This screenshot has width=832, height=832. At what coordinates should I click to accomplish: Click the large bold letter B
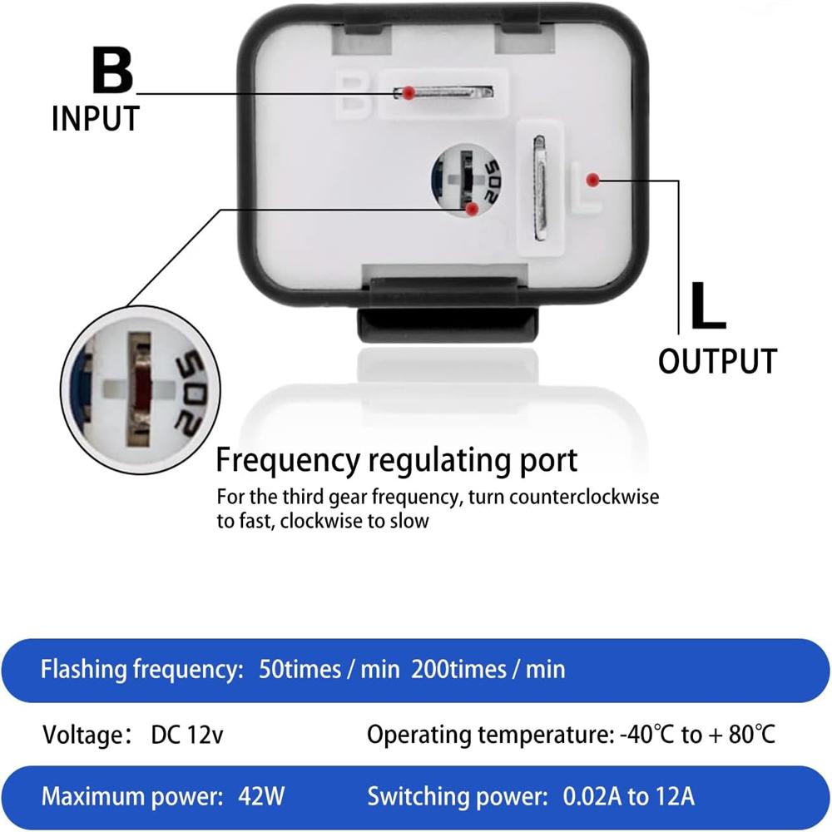point(112,70)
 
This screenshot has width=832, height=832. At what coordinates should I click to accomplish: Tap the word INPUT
point(96,118)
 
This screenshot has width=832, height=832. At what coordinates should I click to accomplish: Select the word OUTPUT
point(717,361)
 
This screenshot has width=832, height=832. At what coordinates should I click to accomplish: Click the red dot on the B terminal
point(408,93)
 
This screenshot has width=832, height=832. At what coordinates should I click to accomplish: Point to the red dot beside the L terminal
point(592,180)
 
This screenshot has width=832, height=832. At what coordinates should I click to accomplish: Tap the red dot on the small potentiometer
point(472,209)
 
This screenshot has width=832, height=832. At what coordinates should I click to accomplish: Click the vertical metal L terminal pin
point(539,188)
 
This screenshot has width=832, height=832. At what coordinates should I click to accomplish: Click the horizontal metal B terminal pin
point(443,92)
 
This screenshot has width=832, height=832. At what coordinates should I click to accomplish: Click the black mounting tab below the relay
point(448,324)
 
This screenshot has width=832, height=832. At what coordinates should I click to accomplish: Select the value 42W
point(261,796)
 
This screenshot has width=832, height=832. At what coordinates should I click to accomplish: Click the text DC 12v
point(186,735)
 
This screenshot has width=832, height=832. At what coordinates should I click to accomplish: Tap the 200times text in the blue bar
point(458,669)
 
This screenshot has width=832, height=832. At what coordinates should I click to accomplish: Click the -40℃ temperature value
point(646,735)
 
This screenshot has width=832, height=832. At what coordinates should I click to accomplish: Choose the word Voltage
point(82,735)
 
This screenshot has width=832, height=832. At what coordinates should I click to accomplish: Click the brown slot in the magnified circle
point(139,389)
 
